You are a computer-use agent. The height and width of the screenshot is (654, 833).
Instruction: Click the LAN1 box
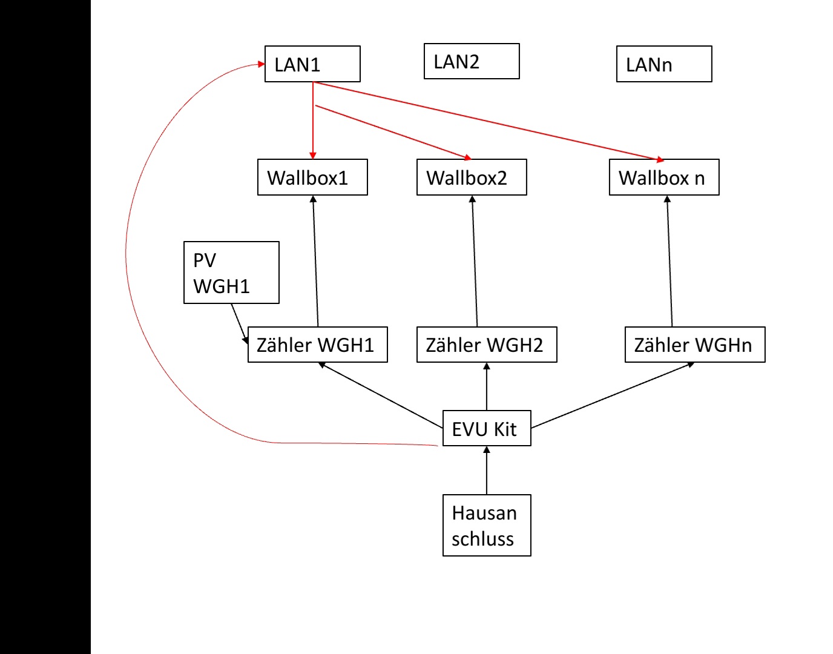click(312, 64)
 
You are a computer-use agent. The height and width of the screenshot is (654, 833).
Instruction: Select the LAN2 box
click(472, 61)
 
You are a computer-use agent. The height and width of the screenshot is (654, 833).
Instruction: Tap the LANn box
click(664, 64)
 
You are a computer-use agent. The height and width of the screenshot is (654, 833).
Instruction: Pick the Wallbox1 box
click(312, 177)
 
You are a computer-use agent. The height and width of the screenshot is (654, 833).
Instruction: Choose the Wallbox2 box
click(472, 177)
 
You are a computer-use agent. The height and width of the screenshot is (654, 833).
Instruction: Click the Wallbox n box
click(664, 177)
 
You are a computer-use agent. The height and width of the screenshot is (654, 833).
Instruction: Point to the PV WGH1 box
click(231, 272)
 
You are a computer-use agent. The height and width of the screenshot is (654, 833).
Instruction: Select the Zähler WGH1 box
click(317, 345)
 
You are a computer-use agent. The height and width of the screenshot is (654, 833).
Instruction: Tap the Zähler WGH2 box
click(487, 345)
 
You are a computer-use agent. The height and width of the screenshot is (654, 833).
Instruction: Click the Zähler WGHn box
click(695, 345)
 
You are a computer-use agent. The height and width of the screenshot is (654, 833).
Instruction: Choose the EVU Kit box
click(487, 429)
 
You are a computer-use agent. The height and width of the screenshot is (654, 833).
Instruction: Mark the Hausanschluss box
click(487, 526)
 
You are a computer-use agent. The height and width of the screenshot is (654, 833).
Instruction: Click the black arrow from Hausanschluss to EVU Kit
click(487, 471)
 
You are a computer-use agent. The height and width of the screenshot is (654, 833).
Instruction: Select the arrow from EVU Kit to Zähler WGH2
click(487, 388)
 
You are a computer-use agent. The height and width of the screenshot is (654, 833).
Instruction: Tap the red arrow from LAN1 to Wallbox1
click(313, 121)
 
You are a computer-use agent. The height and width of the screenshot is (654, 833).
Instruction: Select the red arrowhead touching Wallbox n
click(659, 159)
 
